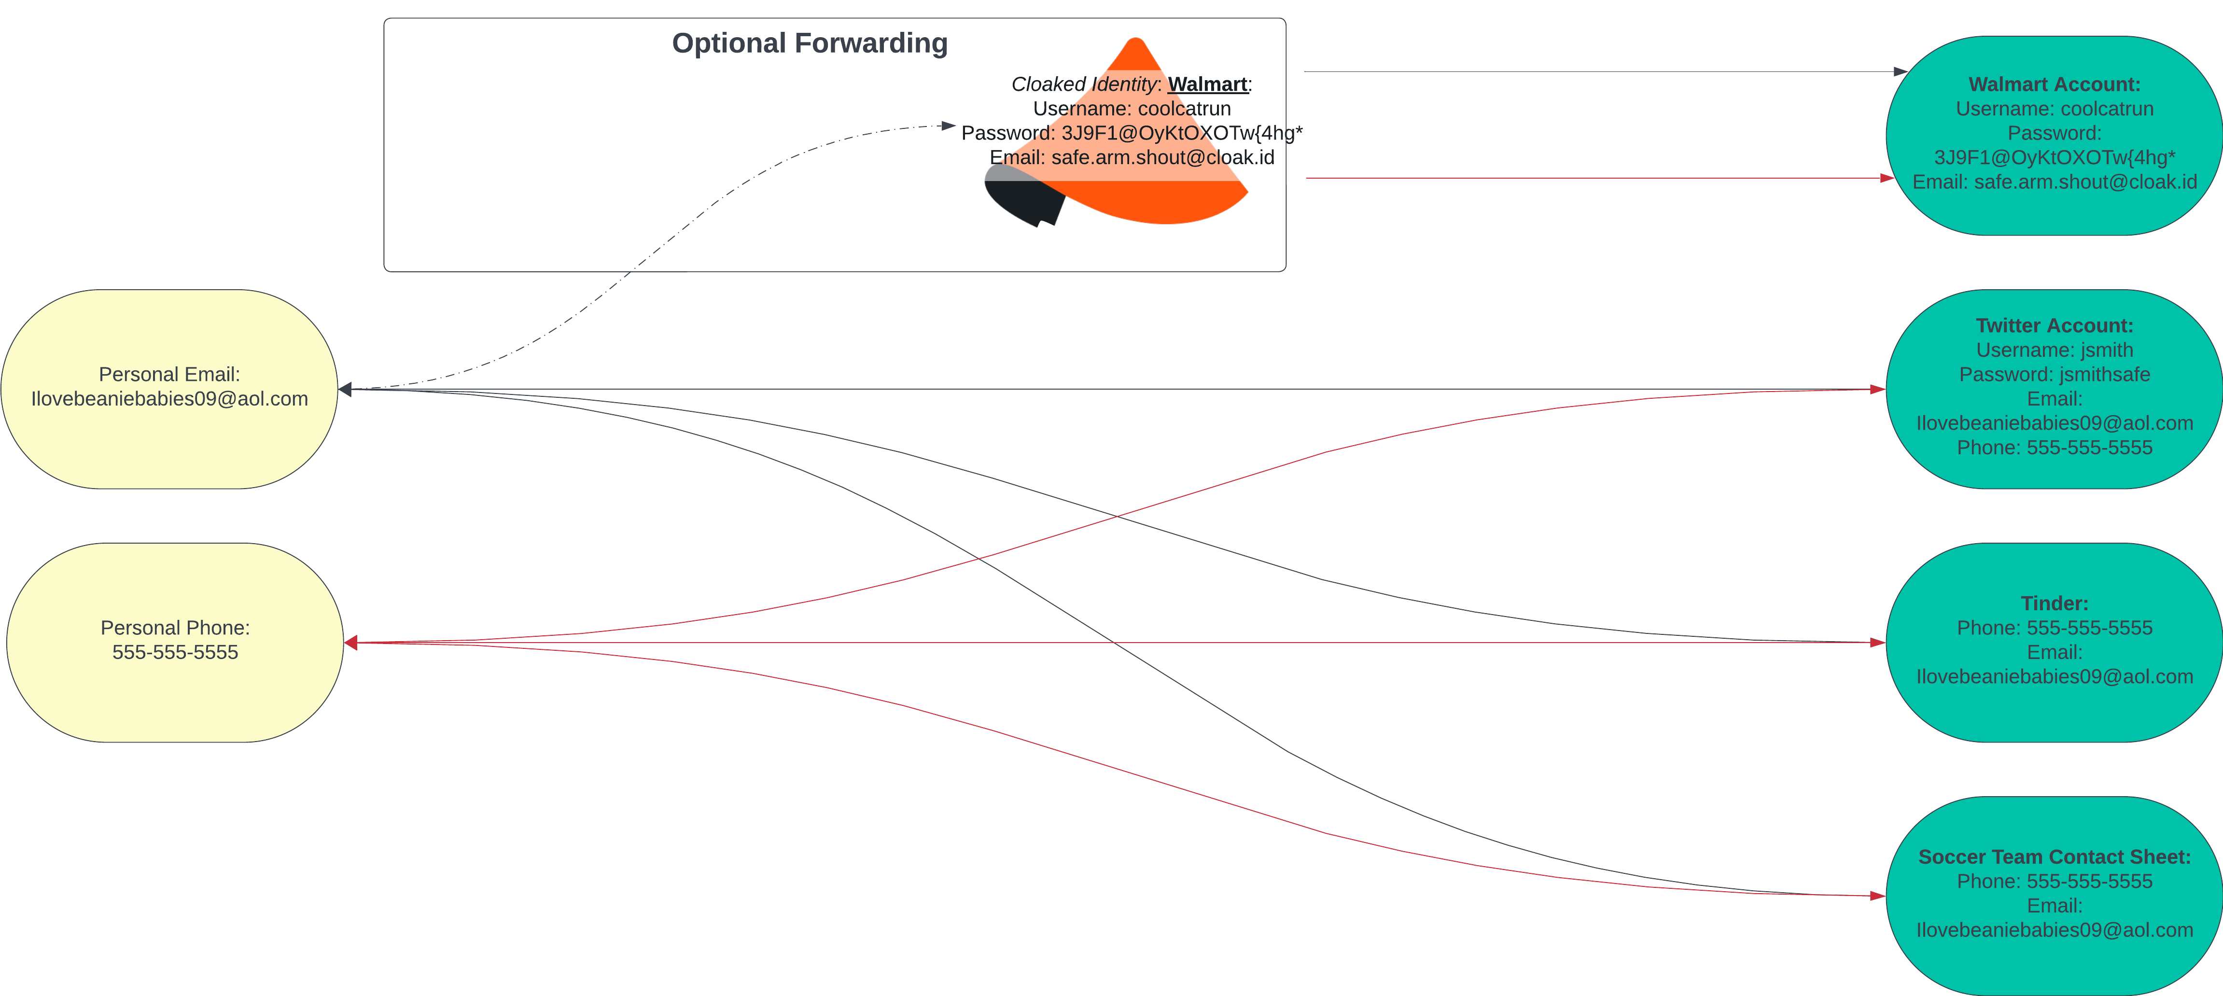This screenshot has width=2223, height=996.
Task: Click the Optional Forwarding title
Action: tap(810, 43)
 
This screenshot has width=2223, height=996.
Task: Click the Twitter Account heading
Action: tap(2054, 325)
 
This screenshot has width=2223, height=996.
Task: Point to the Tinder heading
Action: tap(2054, 603)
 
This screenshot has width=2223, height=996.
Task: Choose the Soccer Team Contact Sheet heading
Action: tap(2054, 857)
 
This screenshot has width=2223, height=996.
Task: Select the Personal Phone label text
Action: tap(175, 628)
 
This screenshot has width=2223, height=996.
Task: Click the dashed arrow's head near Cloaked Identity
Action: tap(949, 126)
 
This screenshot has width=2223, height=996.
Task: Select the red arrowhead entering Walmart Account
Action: tap(1887, 178)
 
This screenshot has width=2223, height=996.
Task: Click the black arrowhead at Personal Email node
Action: tap(345, 389)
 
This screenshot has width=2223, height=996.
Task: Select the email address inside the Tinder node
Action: tap(2054, 677)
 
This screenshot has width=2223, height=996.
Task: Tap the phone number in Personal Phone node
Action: tap(175, 652)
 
